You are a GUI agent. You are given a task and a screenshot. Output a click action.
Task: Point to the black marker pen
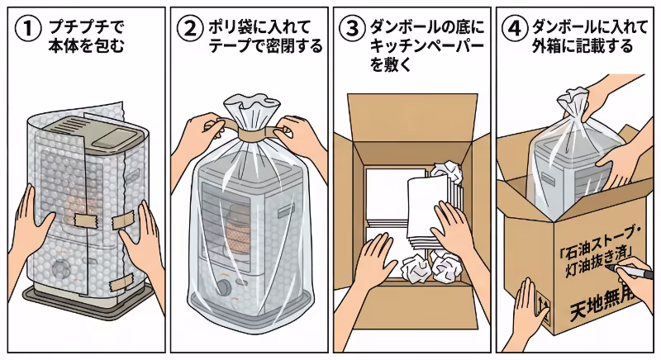[x=636, y=273]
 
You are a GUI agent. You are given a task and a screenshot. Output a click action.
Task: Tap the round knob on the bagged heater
[x=224, y=291]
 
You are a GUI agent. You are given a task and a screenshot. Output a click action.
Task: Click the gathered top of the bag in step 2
[x=245, y=109]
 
